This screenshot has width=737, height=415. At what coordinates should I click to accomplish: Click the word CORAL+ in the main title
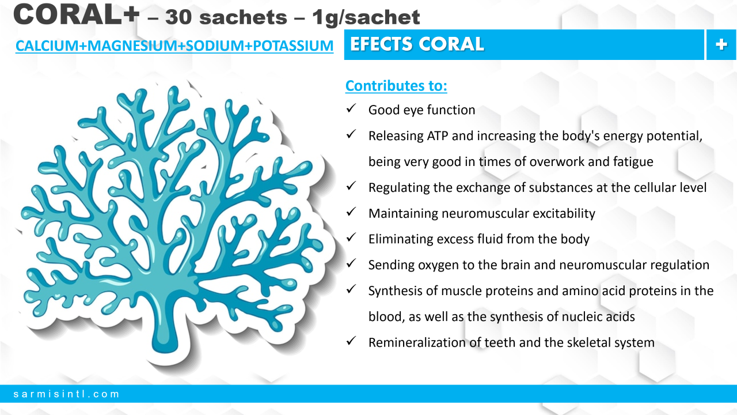pos(77,14)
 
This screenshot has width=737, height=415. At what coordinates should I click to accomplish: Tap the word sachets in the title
pos(243,17)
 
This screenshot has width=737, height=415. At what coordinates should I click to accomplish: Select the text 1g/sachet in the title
pos(366,18)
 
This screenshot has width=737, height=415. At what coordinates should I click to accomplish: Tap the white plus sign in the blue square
pos(721,44)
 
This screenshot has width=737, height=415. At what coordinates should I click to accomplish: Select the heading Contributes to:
pos(396,86)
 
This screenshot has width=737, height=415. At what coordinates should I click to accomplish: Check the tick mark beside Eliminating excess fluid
pos(351,237)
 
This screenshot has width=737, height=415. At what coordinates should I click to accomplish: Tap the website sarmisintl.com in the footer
pos(66,394)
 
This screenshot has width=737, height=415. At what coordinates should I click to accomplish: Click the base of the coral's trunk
pos(165,344)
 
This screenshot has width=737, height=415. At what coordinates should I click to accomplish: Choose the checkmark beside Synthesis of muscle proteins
pos(351,289)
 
